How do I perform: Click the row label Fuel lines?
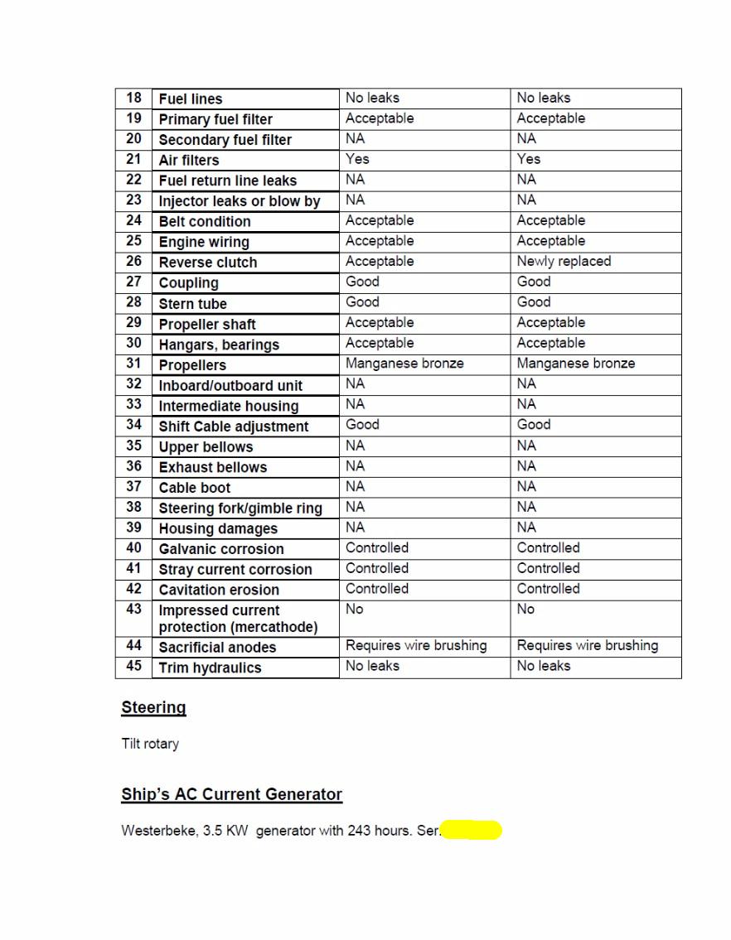tap(191, 99)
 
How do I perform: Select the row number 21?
tap(133, 159)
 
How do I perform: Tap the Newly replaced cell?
tap(564, 262)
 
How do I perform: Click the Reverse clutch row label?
tap(208, 263)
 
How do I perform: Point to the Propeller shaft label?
tap(207, 324)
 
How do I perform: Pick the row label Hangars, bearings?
tap(219, 345)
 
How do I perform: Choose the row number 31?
tap(133, 363)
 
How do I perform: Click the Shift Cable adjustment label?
tap(234, 427)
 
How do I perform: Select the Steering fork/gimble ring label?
tap(240, 508)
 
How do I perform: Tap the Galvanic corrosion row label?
tap(221, 549)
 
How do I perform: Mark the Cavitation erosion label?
tap(219, 590)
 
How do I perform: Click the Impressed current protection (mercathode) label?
tap(238, 619)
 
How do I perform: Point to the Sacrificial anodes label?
tap(217, 648)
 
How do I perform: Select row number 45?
tap(133, 666)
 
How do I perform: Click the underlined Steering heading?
tap(153, 707)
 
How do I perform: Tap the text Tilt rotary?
tap(150, 744)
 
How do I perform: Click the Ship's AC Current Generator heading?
tap(231, 794)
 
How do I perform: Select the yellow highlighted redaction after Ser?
tap(472, 830)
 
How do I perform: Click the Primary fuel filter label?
tap(215, 119)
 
